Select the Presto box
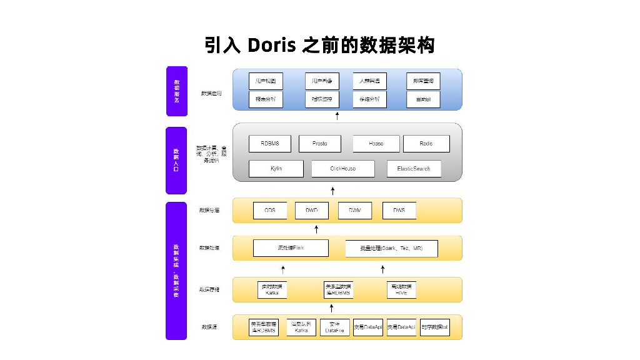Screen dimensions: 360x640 [x=320, y=144]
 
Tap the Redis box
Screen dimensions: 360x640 [x=426, y=144]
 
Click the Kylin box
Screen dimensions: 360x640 [x=276, y=169]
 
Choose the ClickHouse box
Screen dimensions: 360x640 [x=342, y=169]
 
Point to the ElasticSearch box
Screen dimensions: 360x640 [x=413, y=169]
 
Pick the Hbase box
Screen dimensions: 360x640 [x=376, y=144]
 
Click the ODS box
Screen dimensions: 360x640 [x=270, y=211]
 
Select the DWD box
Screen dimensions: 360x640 [x=311, y=211]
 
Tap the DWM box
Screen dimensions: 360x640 [x=355, y=211]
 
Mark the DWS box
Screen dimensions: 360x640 [x=399, y=211]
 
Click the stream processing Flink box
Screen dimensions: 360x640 [x=290, y=248]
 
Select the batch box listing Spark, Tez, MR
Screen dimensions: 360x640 [x=391, y=249]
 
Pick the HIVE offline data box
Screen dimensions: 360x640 [x=401, y=289]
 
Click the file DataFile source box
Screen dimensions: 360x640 [x=335, y=327]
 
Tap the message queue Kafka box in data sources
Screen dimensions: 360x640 [x=301, y=327]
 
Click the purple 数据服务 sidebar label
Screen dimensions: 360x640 [x=176, y=91]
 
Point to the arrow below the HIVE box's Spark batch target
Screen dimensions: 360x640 [x=383, y=269]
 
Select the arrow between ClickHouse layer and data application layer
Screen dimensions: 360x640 [x=337, y=116]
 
